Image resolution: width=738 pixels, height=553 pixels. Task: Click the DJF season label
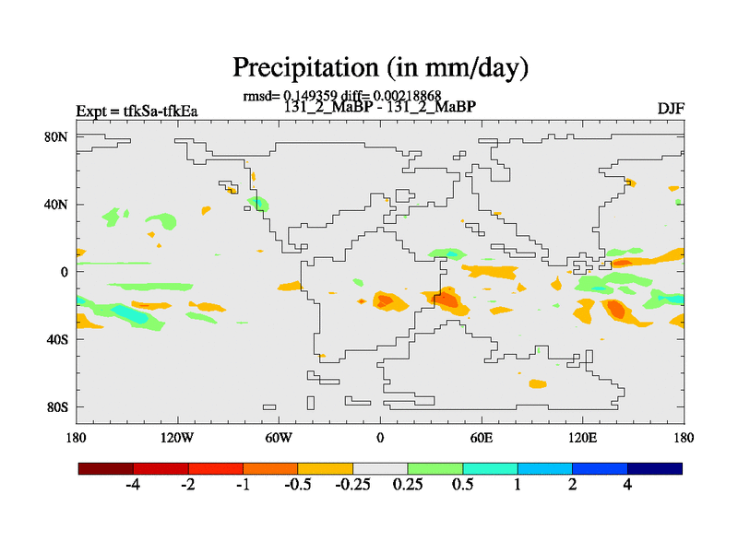coord(671,110)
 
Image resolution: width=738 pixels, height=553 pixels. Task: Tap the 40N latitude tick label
coord(57,204)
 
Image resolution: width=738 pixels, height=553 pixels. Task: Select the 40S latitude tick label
coord(57,339)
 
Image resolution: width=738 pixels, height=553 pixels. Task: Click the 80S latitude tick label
coord(57,406)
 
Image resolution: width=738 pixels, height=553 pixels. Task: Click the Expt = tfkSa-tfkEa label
coord(137,112)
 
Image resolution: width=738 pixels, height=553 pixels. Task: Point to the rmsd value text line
coord(341,95)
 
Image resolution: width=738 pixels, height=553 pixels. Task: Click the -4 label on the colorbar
coord(133,486)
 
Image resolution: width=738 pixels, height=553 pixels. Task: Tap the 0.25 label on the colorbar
coord(407,486)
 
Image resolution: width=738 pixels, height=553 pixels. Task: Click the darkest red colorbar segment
coord(106,468)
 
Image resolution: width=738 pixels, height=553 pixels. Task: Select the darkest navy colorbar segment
coord(655,468)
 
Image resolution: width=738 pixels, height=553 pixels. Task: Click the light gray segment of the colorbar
coord(380,468)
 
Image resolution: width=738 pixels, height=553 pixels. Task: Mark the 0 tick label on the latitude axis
coord(65,272)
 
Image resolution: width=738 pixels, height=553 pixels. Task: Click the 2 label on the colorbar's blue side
coord(572,486)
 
